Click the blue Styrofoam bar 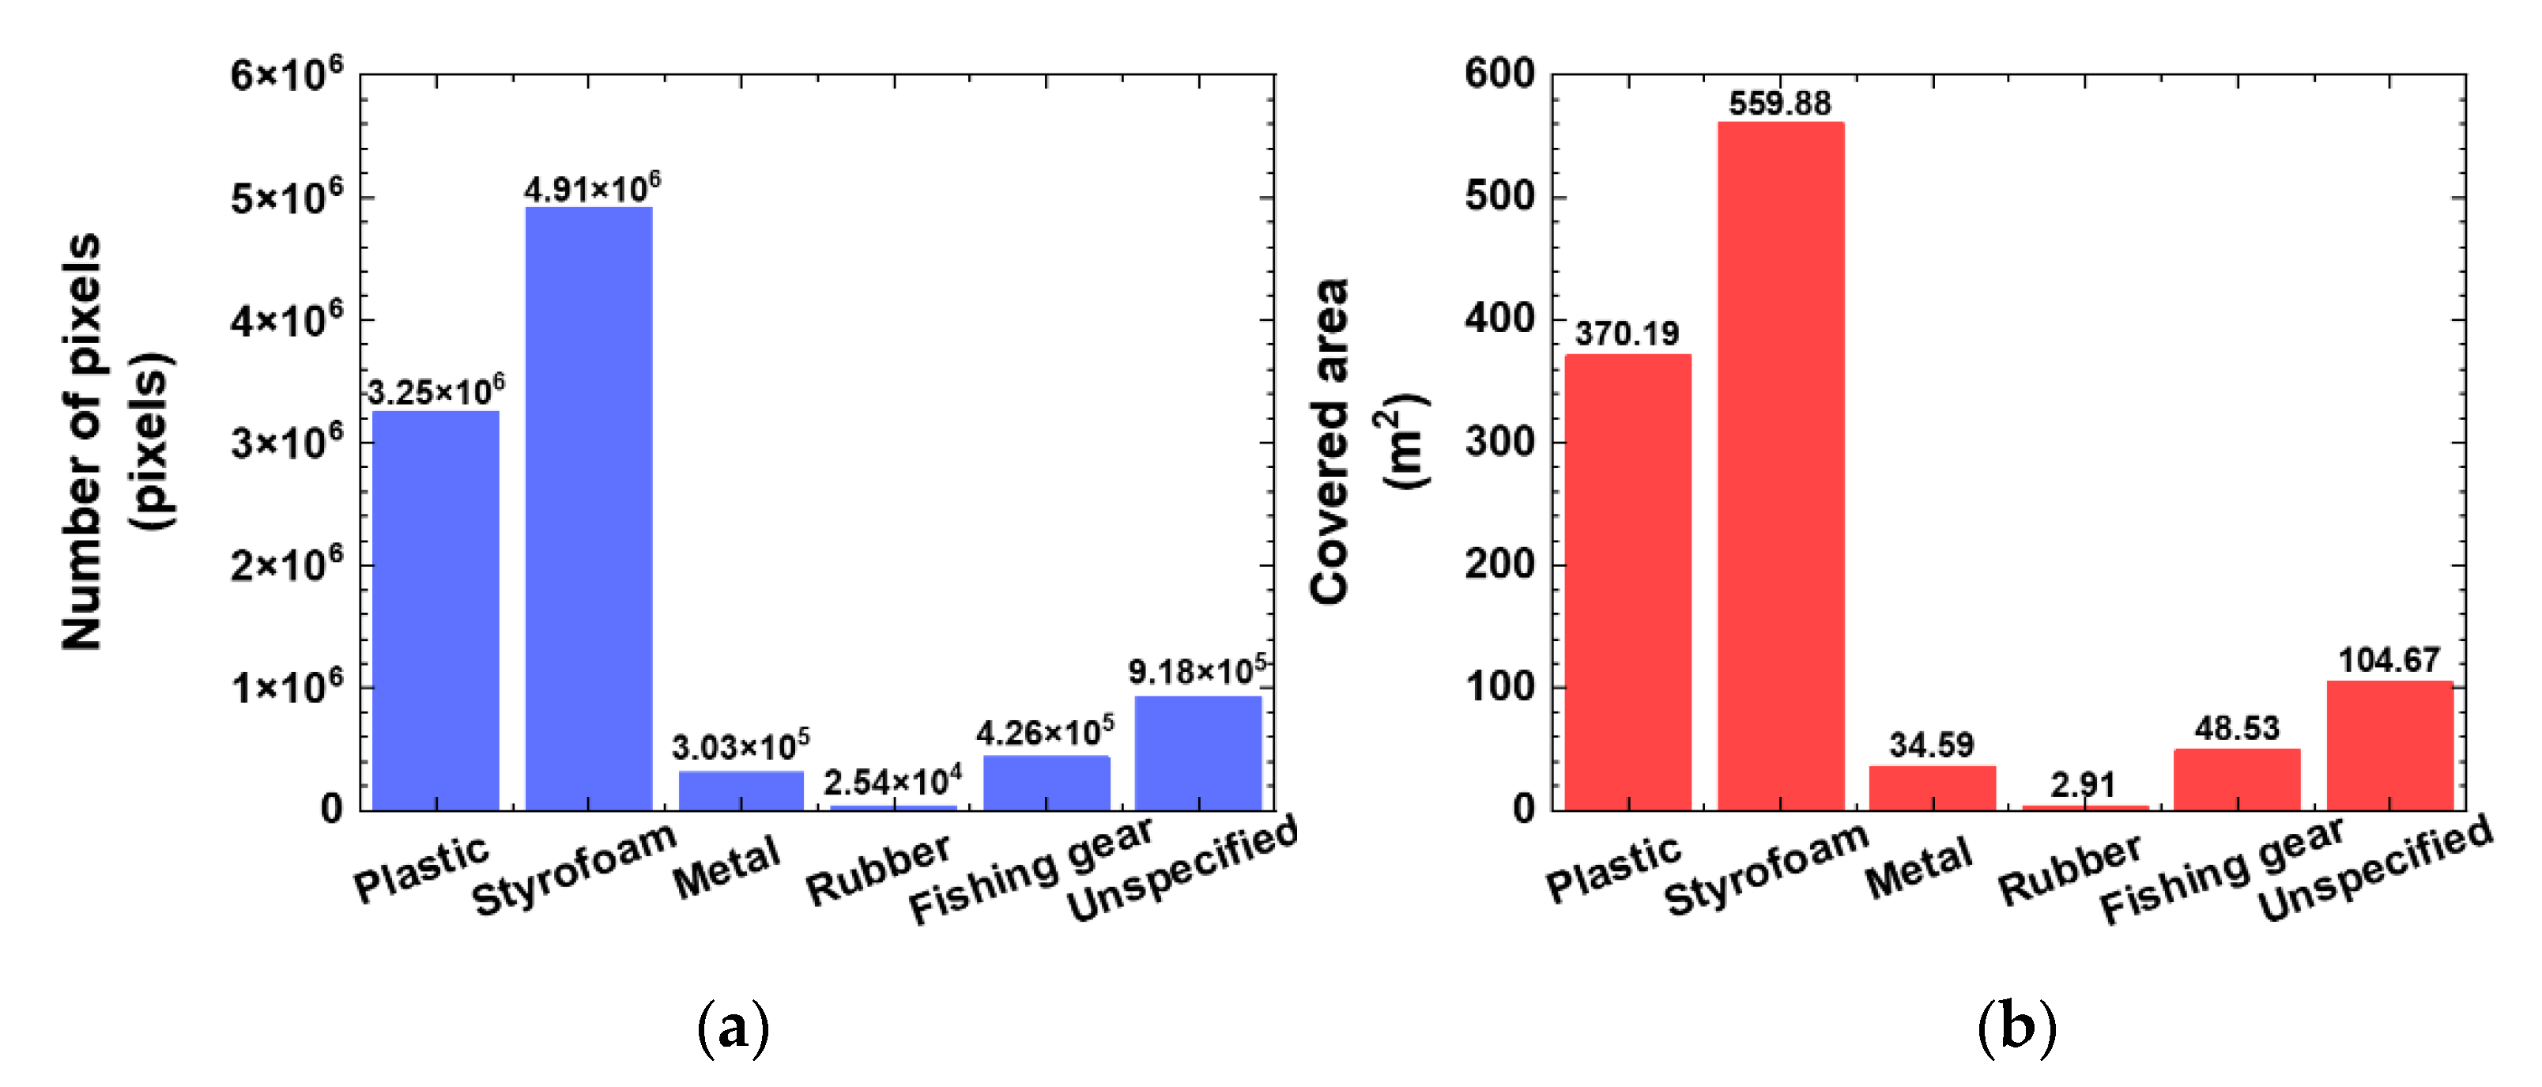pos(588,508)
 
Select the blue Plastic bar pos(436,610)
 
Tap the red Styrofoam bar pos(1780,466)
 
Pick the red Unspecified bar pos(2389,745)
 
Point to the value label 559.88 pos(1779,103)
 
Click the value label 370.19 pos(1626,334)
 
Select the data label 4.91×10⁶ pos(592,187)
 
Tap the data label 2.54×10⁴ pos(892,782)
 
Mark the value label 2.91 pos(2082,785)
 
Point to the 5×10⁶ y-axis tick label pos(286,198)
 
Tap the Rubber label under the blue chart pos(877,868)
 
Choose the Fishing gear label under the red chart pos(2220,870)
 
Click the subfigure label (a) pos(732,1028)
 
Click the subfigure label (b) pos(2017,1028)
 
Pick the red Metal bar pos(1932,788)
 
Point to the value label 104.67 pos(2388,659)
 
